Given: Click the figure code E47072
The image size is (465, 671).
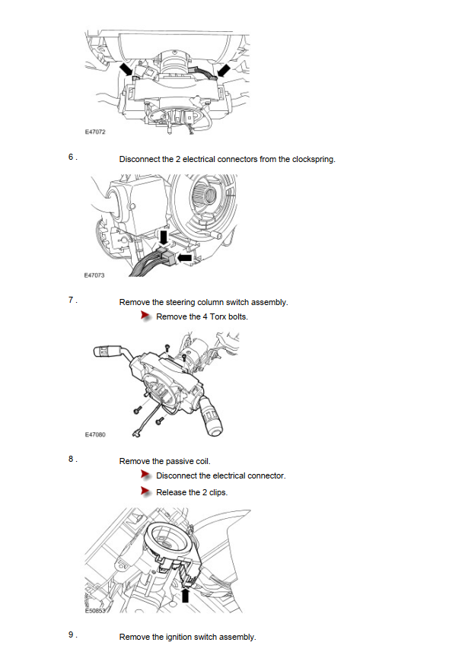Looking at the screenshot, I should pyautogui.click(x=94, y=132).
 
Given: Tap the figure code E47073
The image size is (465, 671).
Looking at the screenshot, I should pyautogui.click(x=94, y=275).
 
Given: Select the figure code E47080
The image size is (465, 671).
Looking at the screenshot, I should pyautogui.click(x=94, y=434).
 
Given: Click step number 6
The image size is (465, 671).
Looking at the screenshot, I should pyautogui.click(x=72, y=157).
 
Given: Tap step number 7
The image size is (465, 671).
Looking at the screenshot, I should pyautogui.click(x=72, y=300).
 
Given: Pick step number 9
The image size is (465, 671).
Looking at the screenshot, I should pyautogui.click(x=72, y=634).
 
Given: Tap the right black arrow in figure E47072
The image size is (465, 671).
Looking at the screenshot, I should pyautogui.click(x=223, y=71).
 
